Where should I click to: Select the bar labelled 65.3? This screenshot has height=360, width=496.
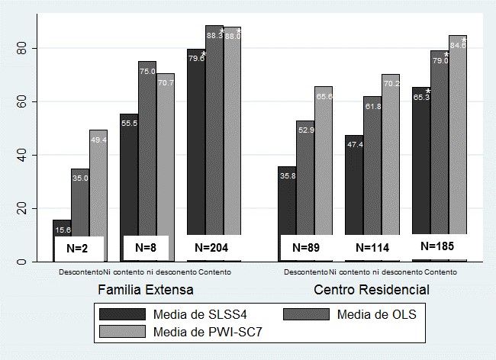[x=421, y=160]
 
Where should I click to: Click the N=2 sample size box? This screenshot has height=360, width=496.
[x=79, y=248]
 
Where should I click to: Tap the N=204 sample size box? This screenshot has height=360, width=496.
[x=212, y=248]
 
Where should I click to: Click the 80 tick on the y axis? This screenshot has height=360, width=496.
[x=21, y=48]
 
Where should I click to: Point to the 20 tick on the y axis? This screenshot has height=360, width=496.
[x=21, y=208]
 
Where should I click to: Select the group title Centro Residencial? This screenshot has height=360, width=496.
[x=372, y=290]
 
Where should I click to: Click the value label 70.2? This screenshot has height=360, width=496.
[x=391, y=85]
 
